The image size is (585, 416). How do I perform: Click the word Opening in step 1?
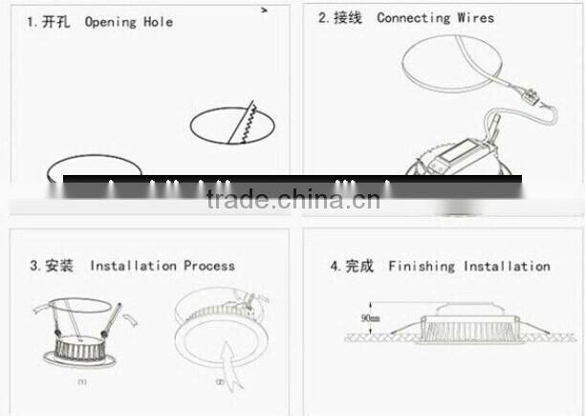pyautogui.click(x=111, y=21)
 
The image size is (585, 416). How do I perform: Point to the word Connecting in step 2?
pyautogui.click(x=413, y=17)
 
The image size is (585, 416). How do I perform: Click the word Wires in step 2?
pyautogui.click(x=477, y=17)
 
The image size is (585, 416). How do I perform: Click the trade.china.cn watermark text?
pyautogui.click(x=292, y=199)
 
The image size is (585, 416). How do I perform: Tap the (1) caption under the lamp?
pyautogui.click(x=83, y=381)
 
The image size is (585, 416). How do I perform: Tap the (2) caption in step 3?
pyautogui.click(x=220, y=381)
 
